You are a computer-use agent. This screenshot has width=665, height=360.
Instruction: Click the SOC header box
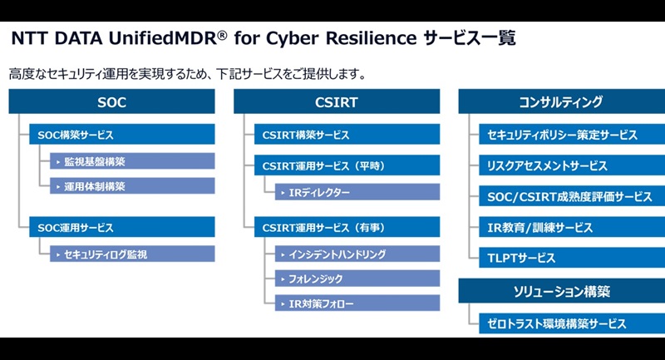(111, 102)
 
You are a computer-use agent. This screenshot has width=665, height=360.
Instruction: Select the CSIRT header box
(336, 102)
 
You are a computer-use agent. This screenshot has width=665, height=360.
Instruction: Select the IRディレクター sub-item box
(358, 192)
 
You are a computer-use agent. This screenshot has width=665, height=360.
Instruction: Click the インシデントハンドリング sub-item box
(358, 254)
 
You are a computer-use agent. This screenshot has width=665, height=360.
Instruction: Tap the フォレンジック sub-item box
(358, 279)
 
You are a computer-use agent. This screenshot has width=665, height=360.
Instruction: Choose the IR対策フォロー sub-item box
(358, 303)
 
